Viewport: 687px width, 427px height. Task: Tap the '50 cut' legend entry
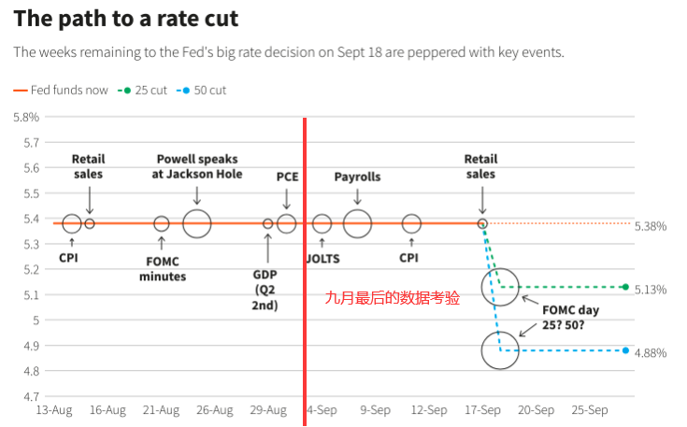205,91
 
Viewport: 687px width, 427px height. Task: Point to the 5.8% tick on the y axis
25,117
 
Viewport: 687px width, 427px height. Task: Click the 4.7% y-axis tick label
25,396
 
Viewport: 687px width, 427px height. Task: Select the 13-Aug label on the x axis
54,410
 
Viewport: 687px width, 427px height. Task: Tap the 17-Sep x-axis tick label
483,410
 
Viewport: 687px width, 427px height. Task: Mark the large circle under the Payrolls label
358,223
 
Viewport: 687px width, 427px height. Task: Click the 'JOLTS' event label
322,258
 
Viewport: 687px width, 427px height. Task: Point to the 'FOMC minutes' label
163,268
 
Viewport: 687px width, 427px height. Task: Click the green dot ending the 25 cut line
624,287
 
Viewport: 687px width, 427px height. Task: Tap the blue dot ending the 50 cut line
624,350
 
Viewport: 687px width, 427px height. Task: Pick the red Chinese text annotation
393,298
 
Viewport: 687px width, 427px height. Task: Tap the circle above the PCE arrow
286,223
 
